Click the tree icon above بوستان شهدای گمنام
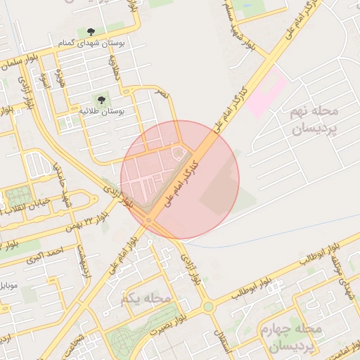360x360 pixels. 91,32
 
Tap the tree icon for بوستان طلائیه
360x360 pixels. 103,99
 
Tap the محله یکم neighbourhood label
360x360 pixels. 146,299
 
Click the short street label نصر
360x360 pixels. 163,93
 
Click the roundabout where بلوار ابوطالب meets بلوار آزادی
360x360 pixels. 208,307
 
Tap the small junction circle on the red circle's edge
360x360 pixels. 148,222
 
